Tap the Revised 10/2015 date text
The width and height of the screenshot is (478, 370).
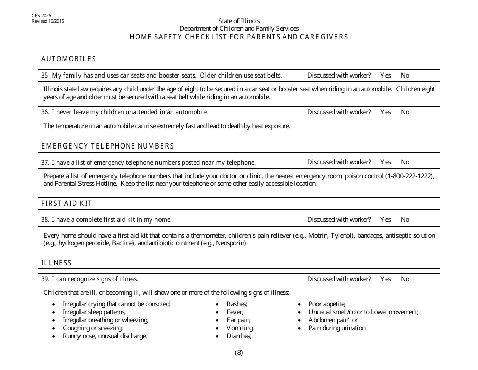[48, 21]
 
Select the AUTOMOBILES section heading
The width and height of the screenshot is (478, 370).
[68, 59]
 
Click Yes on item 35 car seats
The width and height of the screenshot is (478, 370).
[385, 76]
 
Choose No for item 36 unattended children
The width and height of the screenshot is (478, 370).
[405, 112]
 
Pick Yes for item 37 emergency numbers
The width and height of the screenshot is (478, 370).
[385, 162]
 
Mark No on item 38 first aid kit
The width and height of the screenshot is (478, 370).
[405, 220]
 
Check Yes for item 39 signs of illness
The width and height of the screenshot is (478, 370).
[385, 279]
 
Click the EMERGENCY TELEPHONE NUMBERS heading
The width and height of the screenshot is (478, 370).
[107, 146]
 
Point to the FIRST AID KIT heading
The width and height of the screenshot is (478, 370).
[66, 204]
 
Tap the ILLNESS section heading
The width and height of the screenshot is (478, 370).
[56, 263]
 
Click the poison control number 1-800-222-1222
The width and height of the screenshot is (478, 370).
[410, 176]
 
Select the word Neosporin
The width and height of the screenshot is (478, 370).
[231, 243]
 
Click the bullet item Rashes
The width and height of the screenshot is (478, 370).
[236, 304]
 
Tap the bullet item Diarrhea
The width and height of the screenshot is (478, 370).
[238, 336]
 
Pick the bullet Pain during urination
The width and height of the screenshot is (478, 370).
[337, 328]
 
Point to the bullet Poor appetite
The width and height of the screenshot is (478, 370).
[327, 304]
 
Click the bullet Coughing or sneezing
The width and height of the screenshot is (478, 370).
[93, 328]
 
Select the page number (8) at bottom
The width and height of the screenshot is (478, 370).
[239, 353]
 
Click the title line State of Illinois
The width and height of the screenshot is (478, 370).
[239, 21]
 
